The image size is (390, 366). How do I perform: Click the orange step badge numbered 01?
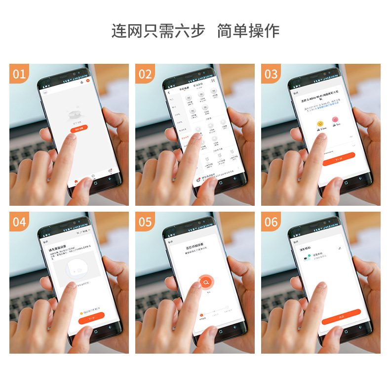(x=19, y=74)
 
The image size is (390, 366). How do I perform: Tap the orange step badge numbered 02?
(x=145, y=74)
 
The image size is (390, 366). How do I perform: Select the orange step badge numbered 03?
(x=271, y=74)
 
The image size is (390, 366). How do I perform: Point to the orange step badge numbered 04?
(x=19, y=222)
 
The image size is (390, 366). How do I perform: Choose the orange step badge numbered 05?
(x=145, y=222)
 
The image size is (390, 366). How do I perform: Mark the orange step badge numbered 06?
(x=271, y=222)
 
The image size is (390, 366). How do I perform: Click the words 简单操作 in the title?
(x=249, y=31)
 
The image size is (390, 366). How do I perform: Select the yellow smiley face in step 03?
(x=320, y=122)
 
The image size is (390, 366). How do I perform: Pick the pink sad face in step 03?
(x=335, y=120)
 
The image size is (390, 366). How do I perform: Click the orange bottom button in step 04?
(x=91, y=320)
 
